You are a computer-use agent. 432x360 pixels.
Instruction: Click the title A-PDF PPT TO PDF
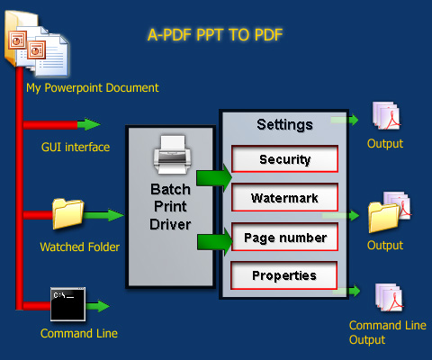[215, 35]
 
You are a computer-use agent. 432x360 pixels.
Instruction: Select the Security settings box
[284, 158]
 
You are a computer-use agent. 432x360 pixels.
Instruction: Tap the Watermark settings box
[284, 197]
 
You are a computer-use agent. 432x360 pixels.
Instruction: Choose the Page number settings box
[284, 237]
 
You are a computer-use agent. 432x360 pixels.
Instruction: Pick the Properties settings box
[283, 275]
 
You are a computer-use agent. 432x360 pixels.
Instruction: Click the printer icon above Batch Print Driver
[172, 155]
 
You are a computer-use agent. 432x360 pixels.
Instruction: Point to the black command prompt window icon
[67, 304]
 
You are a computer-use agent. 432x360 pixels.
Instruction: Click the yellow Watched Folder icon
[67, 213]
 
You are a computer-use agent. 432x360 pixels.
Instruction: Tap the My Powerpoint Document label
[93, 88]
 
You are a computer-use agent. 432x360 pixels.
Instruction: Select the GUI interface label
[76, 147]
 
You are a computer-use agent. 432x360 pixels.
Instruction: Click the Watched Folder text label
[80, 247]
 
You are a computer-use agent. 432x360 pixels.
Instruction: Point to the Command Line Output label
[388, 332]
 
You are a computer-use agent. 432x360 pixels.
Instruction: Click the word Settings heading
[284, 124]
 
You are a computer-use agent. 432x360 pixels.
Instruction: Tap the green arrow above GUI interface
[89, 124]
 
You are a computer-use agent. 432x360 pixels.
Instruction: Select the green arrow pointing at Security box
[214, 177]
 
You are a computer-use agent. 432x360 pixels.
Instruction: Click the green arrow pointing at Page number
[215, 241]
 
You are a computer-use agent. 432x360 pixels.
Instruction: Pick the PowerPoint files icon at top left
[37, 43]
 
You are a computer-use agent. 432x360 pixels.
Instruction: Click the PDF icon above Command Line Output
[389, 297]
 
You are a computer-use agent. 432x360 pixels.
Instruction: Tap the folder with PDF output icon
[390, 212]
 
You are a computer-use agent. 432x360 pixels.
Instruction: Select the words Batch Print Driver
[170, 207]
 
